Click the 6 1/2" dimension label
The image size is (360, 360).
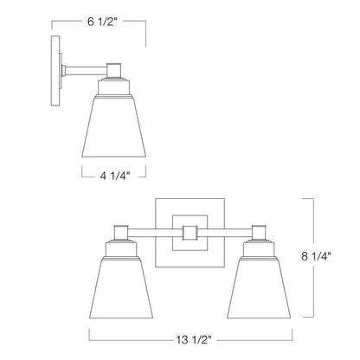pyautogui.click(x=102, y=22)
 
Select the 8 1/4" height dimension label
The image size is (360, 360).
pyautogui.click(x=316, y=256)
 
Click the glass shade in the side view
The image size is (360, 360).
pyautogui.click(x=114, y=126)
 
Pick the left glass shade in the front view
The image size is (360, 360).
pyautogui.click(x=121, y=287)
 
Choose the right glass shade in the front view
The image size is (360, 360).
pyautogui.click(x=259, y=287)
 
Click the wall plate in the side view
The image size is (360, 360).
pyautogui.click(x=55, y=71)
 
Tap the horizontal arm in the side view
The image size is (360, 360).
pyautogui.click(x=87, y=71)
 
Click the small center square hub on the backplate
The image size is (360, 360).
pyautogui.click(x=190, y=233)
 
